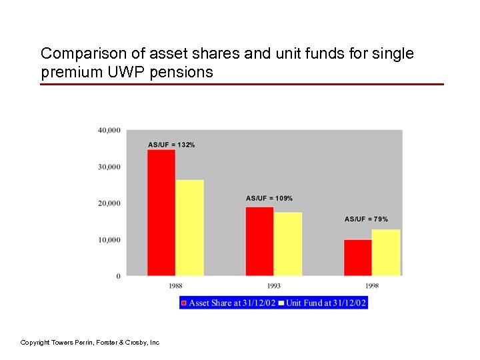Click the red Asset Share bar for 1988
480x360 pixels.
(161, 212)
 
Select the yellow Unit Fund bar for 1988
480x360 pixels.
(189, 227)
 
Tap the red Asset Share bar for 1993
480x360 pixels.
(259, 241)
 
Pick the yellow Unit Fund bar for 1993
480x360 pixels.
(288, 243)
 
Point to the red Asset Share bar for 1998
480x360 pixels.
(358, 257)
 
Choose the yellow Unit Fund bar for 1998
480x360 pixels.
(386, 252)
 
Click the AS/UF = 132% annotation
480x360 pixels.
(171, 145)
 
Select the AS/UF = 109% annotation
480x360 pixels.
(269, 198)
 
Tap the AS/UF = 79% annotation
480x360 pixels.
(366, 219)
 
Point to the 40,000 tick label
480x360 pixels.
(109, 130)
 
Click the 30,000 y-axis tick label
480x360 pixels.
(109, 167)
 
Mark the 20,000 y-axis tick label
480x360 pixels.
(109, 203)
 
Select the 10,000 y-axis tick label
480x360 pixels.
(109, 240)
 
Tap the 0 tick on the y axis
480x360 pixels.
(119, 276)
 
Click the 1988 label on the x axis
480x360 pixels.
(175, 285)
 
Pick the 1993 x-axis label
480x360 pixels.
(273, 285)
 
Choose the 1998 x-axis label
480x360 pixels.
(372, 285)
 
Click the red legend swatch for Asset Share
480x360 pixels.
(185, 303)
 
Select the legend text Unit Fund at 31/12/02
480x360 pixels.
(326, 303)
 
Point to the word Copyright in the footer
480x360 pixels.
(35, 342)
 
